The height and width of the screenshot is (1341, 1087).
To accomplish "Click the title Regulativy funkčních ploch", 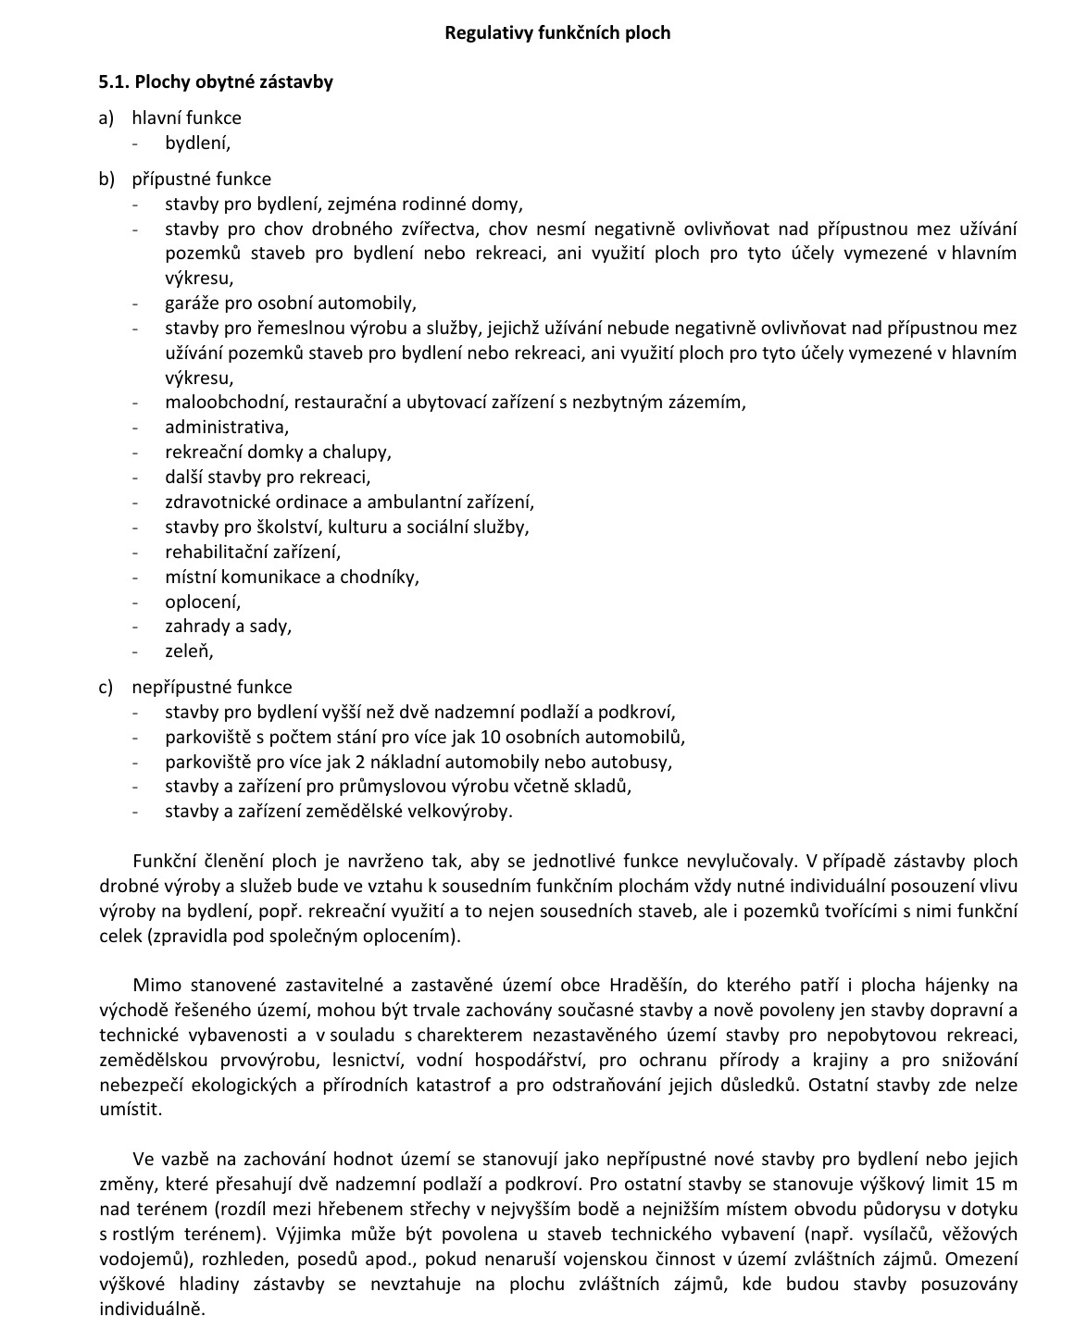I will coord(557,33).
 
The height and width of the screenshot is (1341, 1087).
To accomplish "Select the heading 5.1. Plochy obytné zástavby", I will coord(216,81).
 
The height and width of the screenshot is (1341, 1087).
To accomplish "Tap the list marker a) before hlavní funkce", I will coord(106,118).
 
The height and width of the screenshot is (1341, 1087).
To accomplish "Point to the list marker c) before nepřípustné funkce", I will coord(106,687).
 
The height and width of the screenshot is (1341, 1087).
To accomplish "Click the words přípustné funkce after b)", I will coord(202,179).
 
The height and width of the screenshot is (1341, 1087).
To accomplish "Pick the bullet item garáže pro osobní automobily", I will coord(291,303).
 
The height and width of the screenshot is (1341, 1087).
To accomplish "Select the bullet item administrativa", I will coord(227,427).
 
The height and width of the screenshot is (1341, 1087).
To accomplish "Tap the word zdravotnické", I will coord(215,502).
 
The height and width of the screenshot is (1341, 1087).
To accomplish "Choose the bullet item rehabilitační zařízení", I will coord(253,552).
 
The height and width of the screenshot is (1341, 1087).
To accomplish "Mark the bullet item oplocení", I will coord(203,602).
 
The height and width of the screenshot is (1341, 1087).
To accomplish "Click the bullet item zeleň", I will coord(189,651).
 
